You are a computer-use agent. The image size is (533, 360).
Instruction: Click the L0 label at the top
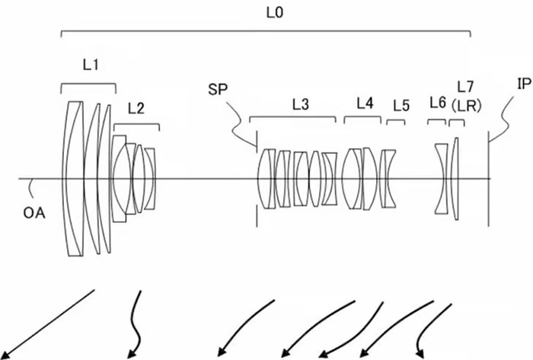(x=266, y=13)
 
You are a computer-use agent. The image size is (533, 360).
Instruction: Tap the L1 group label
(x=91, y=66)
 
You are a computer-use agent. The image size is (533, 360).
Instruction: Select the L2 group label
(x=136, y=108)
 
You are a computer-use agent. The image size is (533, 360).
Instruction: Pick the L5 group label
(x=401, y=106)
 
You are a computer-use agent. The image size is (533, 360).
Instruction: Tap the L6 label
(x=437, y=102)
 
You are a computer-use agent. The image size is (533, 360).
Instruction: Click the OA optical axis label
(x=34, y=212)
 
